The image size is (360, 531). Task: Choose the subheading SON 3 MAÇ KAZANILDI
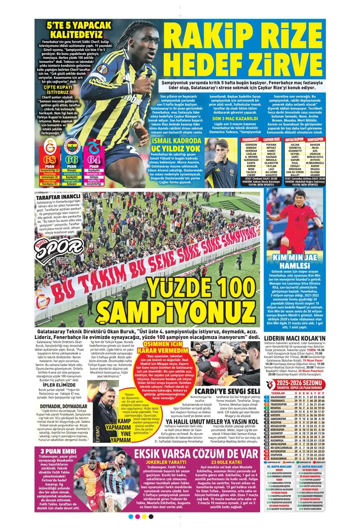point(235,119)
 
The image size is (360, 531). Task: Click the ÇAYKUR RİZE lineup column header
point(271,139)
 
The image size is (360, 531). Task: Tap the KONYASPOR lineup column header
point(315,139)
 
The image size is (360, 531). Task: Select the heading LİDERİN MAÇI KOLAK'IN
point(295,338)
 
